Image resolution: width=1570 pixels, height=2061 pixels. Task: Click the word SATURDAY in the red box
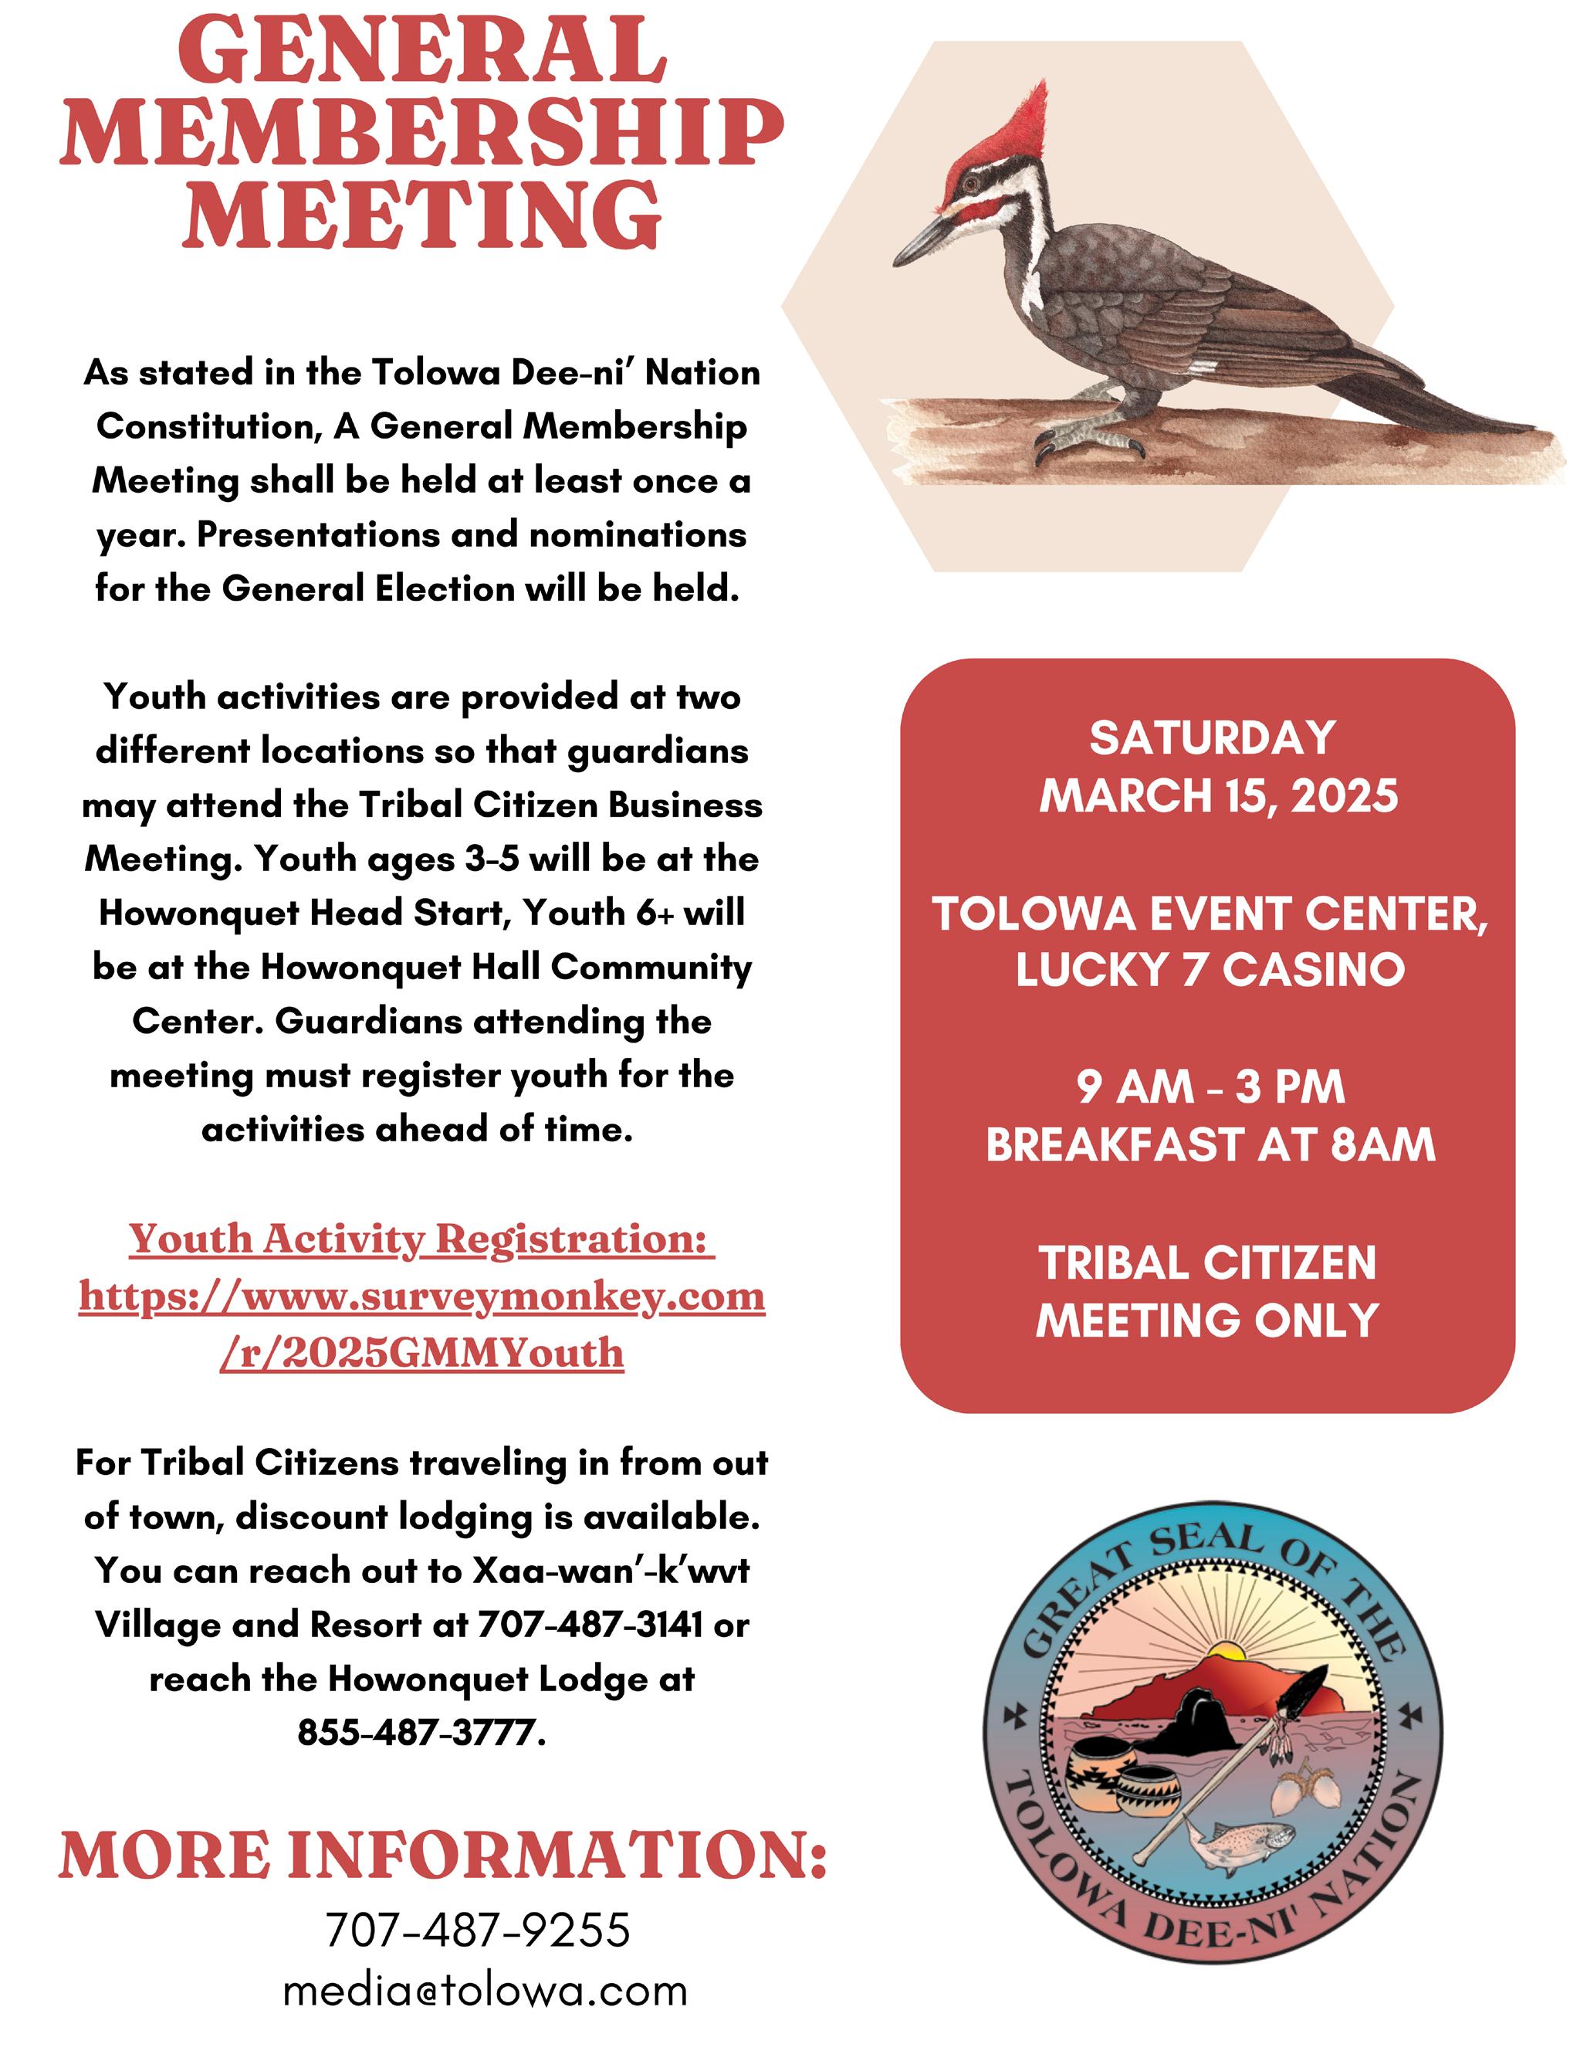click(x=1212, y=738)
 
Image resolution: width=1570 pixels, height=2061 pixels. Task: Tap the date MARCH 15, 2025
click(x=1219, y=796)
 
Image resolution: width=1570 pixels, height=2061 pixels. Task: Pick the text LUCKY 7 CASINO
click(x=1210, y=970)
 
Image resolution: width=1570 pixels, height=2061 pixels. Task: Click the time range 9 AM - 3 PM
click(x=1210, y=1087)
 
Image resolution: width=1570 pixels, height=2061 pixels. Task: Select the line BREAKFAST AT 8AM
click(x=1210, y=1146)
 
